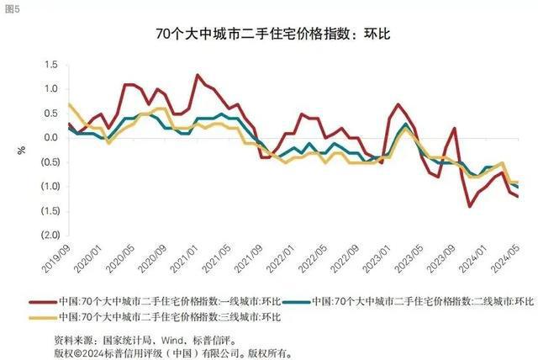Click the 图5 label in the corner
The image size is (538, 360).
tap(13, 9)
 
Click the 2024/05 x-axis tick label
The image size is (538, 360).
tap(515, 257)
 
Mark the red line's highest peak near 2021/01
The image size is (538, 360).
tap(198, 75)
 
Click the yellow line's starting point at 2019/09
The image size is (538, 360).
tap(68, 103)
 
